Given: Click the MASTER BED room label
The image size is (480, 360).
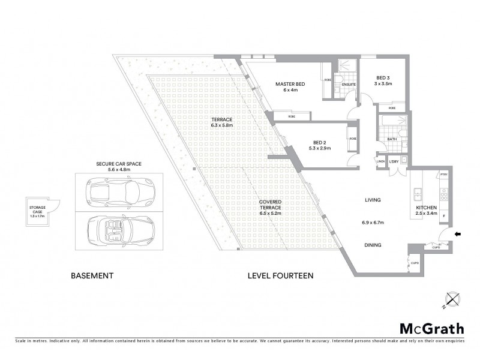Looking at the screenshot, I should click(x=290, y=84).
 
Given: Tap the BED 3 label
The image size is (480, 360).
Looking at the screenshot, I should click(x=383, y=78).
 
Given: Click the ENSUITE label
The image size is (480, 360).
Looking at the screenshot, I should click(x=349, y=85).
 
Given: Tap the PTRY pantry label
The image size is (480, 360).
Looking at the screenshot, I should click(x=444, y=175).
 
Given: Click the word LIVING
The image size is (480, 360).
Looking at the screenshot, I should click(x=373, y=200).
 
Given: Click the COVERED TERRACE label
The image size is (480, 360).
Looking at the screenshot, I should click(x=275, y=206).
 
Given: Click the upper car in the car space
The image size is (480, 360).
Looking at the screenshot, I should click(x=113, y=192).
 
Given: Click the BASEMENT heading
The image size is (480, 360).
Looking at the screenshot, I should click(x=92, y=276).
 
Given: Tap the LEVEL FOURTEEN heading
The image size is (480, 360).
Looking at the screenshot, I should click(x=281, y=276).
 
